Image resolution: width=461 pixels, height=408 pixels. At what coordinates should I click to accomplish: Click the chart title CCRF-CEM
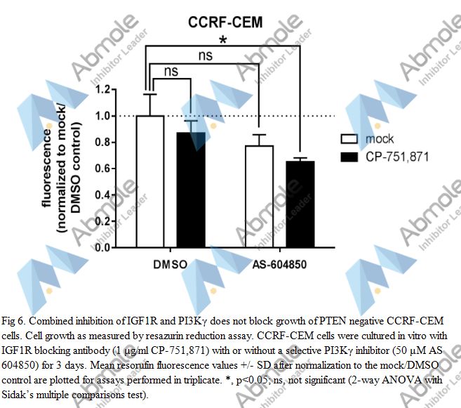225,22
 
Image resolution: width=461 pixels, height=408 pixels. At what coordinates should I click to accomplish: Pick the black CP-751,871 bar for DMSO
191,190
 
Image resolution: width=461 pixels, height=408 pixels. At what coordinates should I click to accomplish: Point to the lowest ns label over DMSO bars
172,71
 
